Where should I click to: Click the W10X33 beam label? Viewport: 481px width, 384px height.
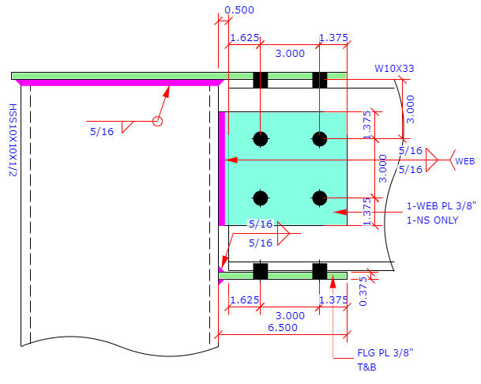tap(393, 69)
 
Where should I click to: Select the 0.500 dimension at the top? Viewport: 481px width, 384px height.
tap(239, 10)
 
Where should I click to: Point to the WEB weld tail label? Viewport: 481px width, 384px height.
tap(465, 161)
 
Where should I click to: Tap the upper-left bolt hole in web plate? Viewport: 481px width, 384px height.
tap(260, 139)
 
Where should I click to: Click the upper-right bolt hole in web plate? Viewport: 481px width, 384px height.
tap(319, 139)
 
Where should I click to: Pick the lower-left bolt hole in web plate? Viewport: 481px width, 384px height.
tap(260, 198)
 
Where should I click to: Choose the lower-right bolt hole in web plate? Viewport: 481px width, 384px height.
tap(319, 198)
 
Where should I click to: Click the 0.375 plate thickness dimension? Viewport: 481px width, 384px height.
tap(363, 291)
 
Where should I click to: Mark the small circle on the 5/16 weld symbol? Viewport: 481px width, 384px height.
tap(157, 121)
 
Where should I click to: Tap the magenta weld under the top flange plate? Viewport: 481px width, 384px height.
tap(118, 81)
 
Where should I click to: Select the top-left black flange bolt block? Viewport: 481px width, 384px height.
tap(260, 80)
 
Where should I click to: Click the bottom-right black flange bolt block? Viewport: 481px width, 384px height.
tap(319, 271)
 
